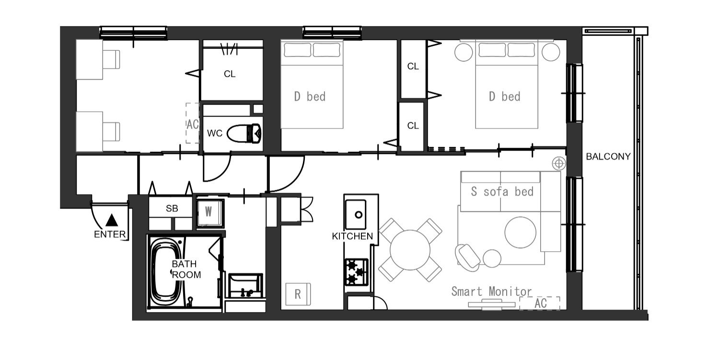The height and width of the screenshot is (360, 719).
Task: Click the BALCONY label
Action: [608, 156]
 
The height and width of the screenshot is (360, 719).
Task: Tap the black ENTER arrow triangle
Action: [112, 220]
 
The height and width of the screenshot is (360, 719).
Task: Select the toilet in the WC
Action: [244, 133]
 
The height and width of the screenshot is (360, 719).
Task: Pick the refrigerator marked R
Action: [298, 294]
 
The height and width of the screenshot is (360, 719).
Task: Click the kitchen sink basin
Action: [356, 214]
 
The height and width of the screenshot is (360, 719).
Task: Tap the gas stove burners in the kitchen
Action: [356, 272]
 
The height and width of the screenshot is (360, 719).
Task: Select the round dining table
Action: [410, 250]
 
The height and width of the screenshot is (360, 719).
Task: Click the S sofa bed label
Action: [502, 192]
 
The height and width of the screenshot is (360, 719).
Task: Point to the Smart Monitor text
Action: [491, 291]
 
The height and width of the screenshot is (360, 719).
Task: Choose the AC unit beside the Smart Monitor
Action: [540, 303]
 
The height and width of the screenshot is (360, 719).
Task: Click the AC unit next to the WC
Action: [193, 123]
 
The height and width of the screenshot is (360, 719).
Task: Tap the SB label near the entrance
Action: [172, 209]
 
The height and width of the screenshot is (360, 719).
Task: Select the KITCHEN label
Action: [352, 236]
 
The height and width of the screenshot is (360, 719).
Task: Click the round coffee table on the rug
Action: [520, 232]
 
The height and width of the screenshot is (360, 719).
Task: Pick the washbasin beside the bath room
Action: [245, 286]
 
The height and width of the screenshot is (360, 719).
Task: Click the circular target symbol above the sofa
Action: [559, 163]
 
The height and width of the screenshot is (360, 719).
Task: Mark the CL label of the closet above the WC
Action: [230, 74]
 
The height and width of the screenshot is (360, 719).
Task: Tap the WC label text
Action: [215, 133]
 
